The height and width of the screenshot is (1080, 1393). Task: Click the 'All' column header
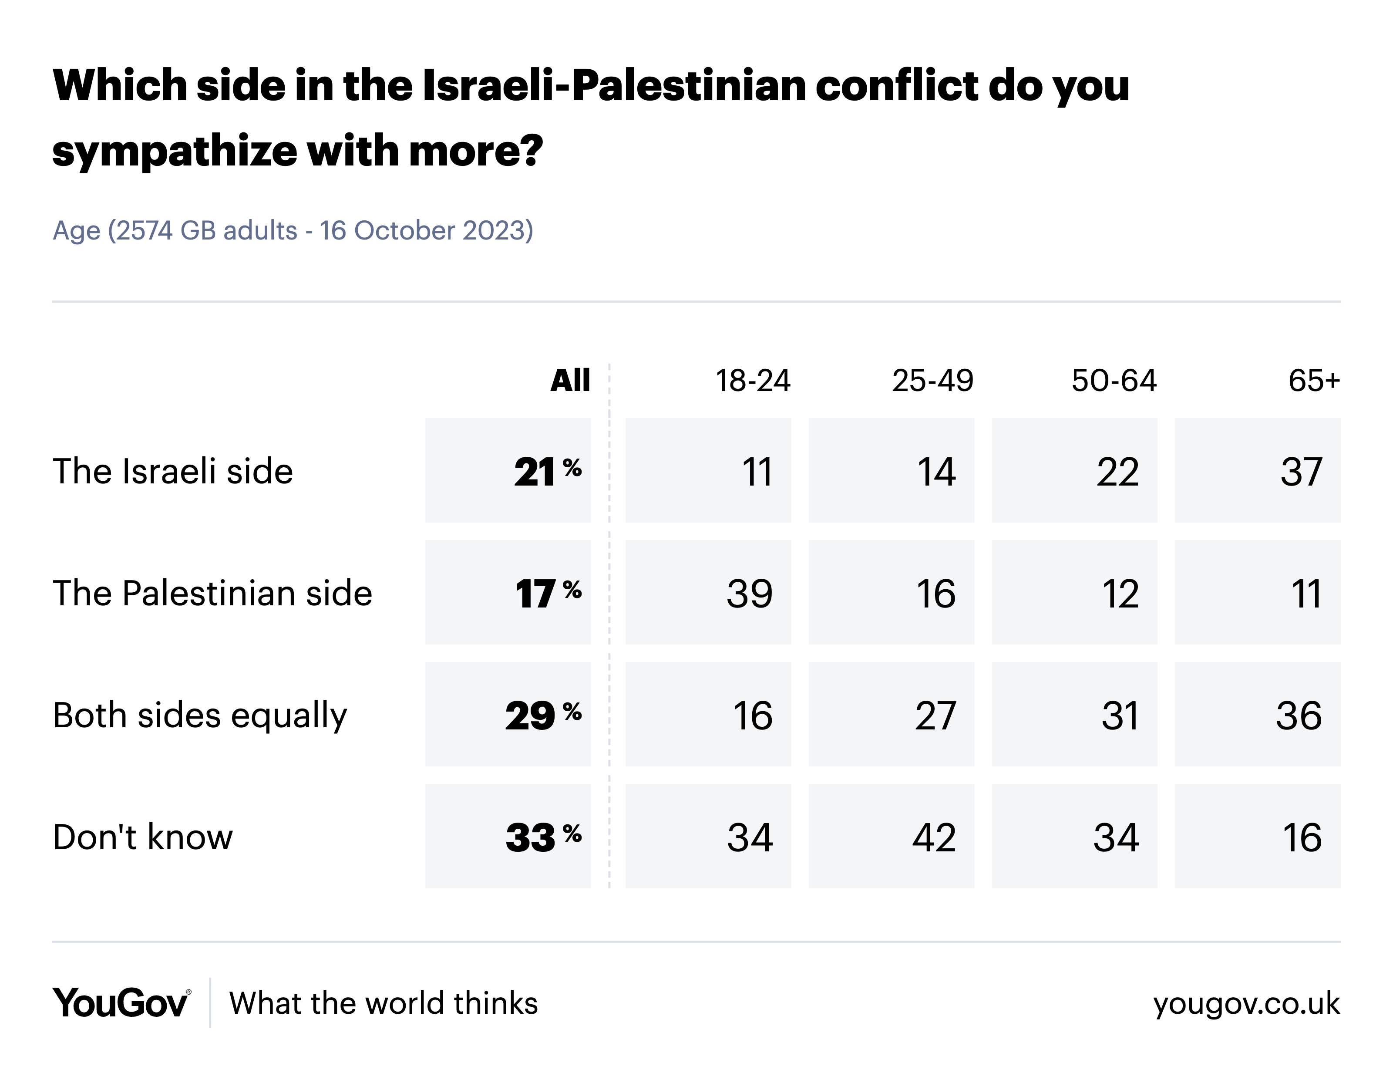click(x=570, y=381)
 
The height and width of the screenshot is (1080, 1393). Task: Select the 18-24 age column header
click(x=753, y=381)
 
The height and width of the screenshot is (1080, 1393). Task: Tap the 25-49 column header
click(x=932, y=381)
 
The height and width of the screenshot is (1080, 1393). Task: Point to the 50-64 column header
click(x=1114, y=381)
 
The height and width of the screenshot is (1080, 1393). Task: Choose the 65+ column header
click(x=1314, y=381)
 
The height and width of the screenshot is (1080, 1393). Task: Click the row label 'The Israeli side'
click(x=173, y=472)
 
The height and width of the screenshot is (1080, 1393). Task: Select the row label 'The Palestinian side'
click(x=212, y=593)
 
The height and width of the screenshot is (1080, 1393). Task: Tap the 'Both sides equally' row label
click(x=200, y=715)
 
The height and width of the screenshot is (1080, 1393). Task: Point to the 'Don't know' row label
click(x=143, y=837)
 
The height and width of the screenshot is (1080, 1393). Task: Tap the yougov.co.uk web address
click(x=1246, y=1003)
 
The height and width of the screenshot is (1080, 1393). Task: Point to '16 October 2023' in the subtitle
click(x=426, y=230)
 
